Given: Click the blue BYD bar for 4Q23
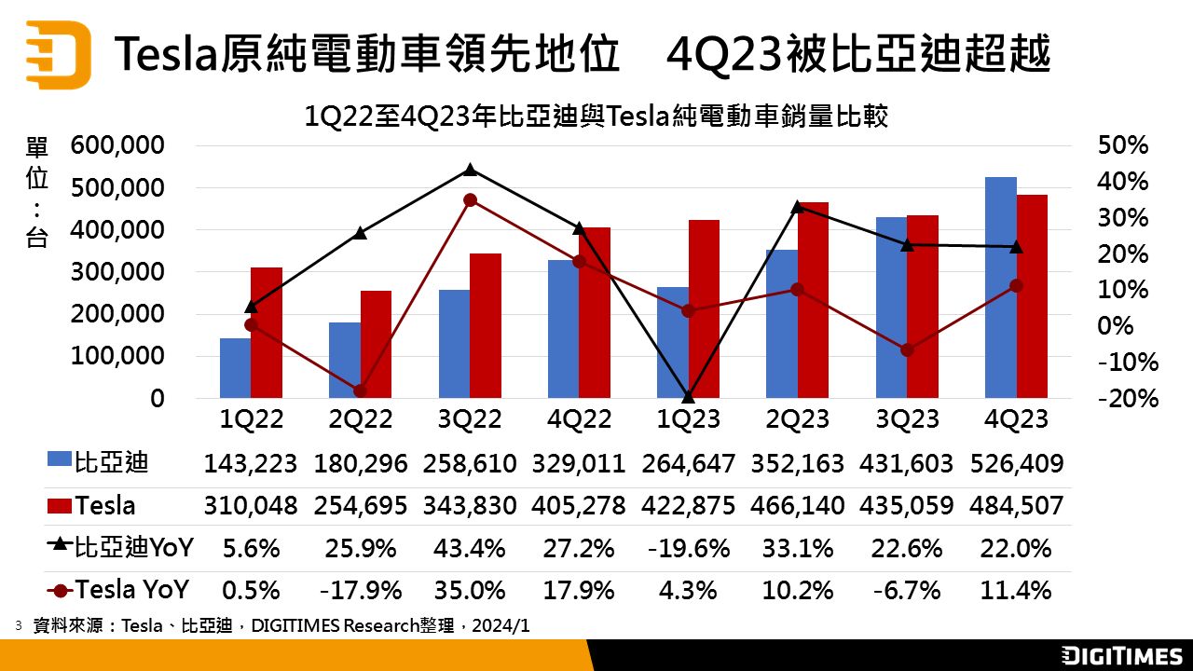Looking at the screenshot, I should coord(1001,288).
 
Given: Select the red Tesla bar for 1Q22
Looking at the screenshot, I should coord(267,333).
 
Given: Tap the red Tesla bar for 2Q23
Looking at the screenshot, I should coord(813,300).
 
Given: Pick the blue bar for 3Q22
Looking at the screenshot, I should coord(454,344).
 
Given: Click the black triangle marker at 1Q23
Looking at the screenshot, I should coord(689,397).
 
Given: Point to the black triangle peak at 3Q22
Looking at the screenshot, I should coord(470,170).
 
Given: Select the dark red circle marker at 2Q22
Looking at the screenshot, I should coord(361,390).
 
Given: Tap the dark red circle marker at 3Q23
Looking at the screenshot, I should coord(907,349).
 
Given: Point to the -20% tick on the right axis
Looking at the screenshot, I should coord(1128,398).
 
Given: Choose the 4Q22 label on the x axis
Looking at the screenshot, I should coord(579,419).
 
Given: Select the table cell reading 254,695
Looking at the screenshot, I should coord(361,506).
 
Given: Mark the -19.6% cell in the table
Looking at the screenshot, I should coord(689,548).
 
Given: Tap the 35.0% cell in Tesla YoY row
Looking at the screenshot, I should coord(470,590).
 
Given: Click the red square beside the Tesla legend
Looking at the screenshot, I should coord(60,506).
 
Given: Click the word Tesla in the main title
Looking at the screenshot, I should coord(167,54).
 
